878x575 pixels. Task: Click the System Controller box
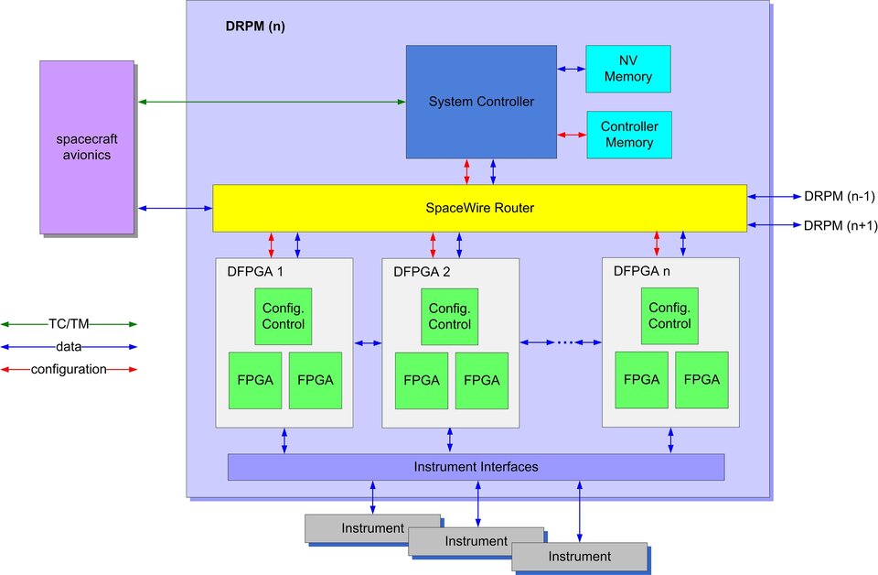(481, 101)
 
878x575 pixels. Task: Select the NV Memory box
(627, 69)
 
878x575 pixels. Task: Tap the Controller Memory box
(627, 135)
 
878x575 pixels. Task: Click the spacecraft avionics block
(87, 146)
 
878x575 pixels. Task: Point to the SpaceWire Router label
(479, 209)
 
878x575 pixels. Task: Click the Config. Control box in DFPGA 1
(284, 316)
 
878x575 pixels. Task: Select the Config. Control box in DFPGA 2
(449, 316)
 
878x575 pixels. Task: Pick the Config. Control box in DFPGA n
(669, 316)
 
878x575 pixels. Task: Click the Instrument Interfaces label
(476, 467)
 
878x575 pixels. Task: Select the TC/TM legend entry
(69, 323)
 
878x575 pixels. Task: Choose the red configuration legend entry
(69, 370)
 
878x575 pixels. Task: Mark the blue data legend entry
(69, 347)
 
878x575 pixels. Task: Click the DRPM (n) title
(255, 27)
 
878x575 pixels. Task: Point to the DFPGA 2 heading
(422, 272)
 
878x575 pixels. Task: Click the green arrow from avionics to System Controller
(272, 102)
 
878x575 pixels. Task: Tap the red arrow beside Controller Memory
(571, 135)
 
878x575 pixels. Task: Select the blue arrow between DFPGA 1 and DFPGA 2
(367, 342)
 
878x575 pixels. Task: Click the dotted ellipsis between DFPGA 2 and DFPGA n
(561, 342)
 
